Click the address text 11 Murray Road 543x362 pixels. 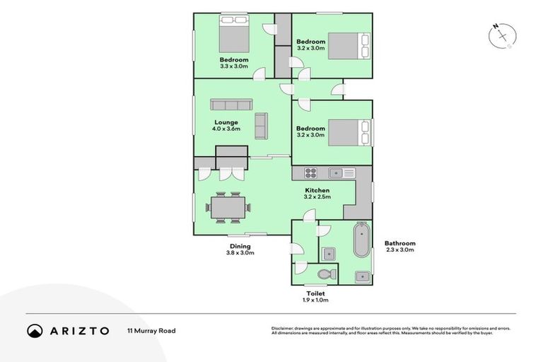click(x=151, y=330)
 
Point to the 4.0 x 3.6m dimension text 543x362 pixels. click(x=226, y=129)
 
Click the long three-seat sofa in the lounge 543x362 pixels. click(x=230, y=105)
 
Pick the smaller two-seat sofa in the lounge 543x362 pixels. click(x=261, y=126)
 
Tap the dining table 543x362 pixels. click(x=227, y=207)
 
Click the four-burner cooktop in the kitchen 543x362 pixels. click(x=312, y=173)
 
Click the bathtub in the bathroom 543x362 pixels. click(x=361, y=240)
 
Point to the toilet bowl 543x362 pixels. click(x=325, y=274)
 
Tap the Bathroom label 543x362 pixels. click(x=399, y=243)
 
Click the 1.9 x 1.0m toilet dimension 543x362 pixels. click(x=315, y=300)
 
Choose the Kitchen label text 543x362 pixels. click(x=317, y=191)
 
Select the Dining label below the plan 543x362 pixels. click(x=240, y=245)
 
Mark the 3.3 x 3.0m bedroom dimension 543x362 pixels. click(x=234, y=66)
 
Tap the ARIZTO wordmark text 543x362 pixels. click(x=79, y=330)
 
